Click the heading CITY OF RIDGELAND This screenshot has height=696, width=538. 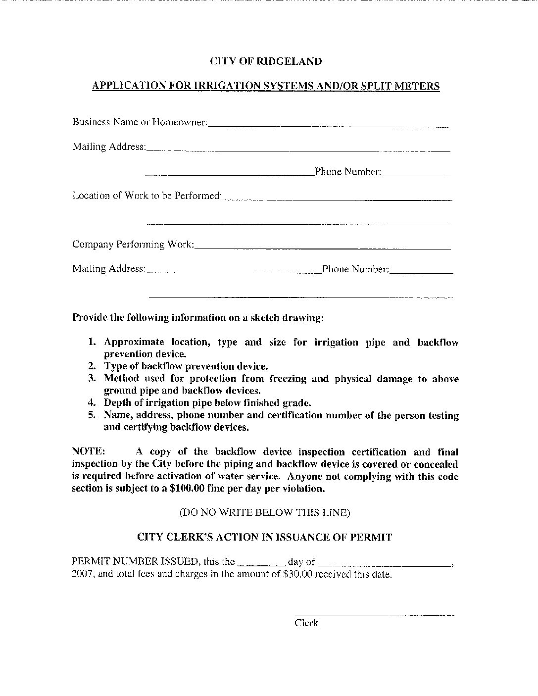[266, 61]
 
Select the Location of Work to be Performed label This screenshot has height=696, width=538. [147, 196]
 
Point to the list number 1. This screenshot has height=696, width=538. [92, 342]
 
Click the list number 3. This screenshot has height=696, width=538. [92, 379]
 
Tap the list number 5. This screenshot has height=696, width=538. [92, 415]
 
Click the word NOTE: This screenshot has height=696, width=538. [89, 452]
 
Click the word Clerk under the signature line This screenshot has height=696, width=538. [306, 623]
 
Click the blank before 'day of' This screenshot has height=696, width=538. [261, 565]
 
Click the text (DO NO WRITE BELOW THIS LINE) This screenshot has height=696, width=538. [265, 513]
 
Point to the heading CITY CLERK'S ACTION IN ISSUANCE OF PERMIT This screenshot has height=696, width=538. [264, 537]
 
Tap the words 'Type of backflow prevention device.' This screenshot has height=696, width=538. [186, 366]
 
